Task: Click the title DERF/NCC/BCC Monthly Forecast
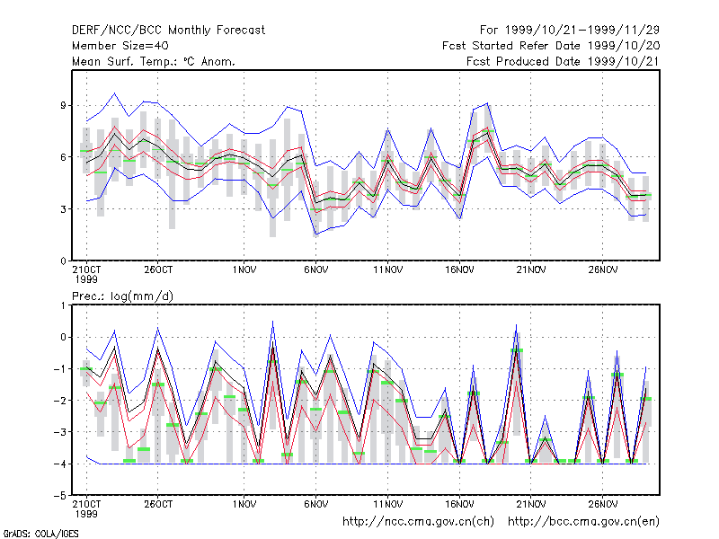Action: pos(168,31)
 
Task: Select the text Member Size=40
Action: pos(120,46)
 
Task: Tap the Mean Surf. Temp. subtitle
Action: pos(153,61)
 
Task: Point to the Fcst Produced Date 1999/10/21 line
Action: pos(563,61)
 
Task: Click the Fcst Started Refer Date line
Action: pos(551,46)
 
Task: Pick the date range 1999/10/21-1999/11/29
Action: pos(582,31)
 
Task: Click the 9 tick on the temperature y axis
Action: pos(63,105)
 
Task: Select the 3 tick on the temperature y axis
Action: pos(63,209)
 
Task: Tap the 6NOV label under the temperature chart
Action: pos(316,269)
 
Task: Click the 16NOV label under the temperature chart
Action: pos(459,269)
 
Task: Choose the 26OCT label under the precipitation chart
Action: pos(158,504)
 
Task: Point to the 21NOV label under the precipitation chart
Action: pos(531,504)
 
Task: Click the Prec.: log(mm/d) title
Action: pos(122,296)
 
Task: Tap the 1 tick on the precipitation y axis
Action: pos(63,305)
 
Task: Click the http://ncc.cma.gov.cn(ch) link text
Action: pos(418,522)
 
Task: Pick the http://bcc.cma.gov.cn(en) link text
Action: pos(583,522)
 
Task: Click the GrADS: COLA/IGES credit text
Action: pos(40,534)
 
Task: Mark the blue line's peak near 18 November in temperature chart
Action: pos(487,103)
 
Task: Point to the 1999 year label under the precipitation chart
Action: pos(86,514)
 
